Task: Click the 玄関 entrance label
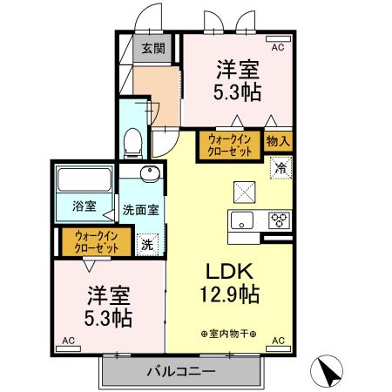pos(154,49)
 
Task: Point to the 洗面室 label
pos(140,209)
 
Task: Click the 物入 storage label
pos(278,139)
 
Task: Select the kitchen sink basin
pos(242,219)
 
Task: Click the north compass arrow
pos(328,372)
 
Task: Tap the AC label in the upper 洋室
pos(277,48)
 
